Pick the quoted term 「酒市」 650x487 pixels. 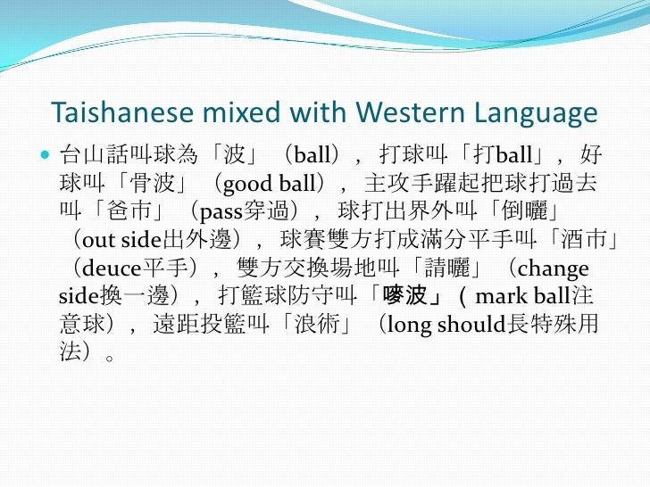pos(571,241)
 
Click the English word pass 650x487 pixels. pos(220,212)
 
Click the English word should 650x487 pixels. pos(471,326)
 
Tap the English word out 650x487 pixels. pos(96,241)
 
